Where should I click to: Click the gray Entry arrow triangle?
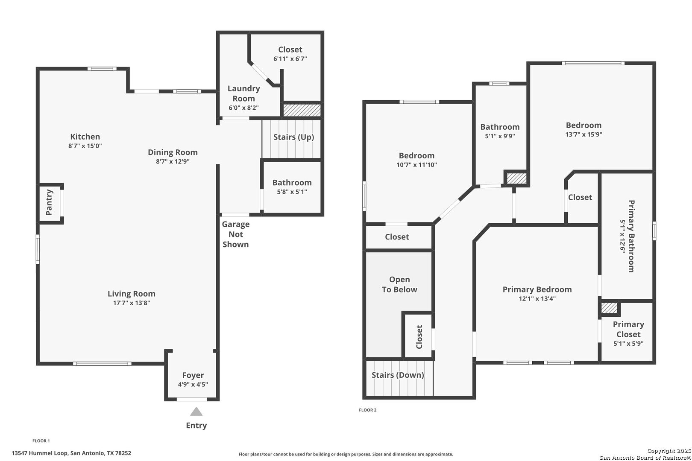(196, 411)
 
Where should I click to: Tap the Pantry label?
(49, 202)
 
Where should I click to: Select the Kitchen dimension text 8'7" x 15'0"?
(85, 146)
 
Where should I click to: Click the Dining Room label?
(173, 152)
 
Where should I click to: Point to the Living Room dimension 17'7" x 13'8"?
(132, 303)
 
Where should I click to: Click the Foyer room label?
(193, 376)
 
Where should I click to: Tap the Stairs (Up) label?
(294, 137)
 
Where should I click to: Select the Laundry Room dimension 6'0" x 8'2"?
(244, 108)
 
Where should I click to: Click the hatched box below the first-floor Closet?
(302, 110)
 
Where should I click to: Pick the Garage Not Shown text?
(236, 234)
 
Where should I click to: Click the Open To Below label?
(399, 284)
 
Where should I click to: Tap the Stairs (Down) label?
(398, 375)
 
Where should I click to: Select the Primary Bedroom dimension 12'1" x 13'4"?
(537, 299)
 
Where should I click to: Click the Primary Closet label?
(628, 329)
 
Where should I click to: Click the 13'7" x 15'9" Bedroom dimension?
(584, 134)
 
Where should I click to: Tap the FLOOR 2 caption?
(368, 410)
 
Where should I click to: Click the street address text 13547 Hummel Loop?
(40, 453)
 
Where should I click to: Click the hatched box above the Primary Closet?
(609, 308)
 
